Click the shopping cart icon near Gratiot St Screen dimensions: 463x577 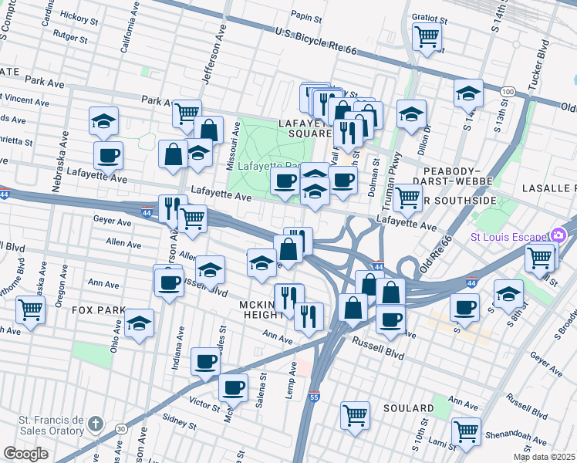tap(427, 35)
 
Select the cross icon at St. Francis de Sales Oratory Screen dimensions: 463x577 tap(94, 424)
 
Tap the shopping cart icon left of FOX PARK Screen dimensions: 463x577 tap(30, 309)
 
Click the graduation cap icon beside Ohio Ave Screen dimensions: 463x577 tap(140, 322)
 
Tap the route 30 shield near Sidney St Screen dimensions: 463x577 tap(121, 428)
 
